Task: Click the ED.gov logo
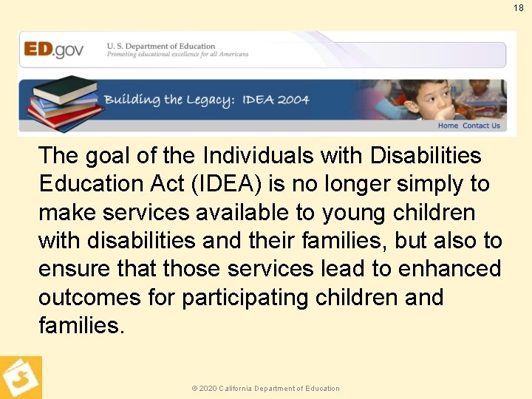point(54,50)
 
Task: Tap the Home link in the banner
point(448,126)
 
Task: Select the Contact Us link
point(481,126)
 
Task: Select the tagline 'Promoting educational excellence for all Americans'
point(177,55)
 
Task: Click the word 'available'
point(237,212)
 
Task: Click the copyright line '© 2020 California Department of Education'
point(266,388)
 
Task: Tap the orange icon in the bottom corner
point(21,378)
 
